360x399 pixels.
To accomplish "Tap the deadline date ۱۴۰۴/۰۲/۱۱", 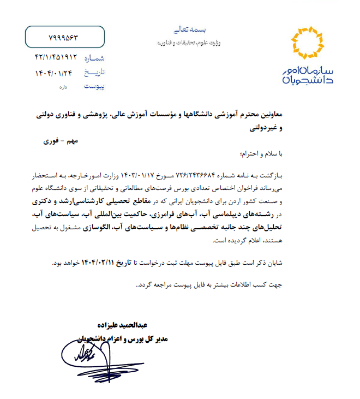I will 100,263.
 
